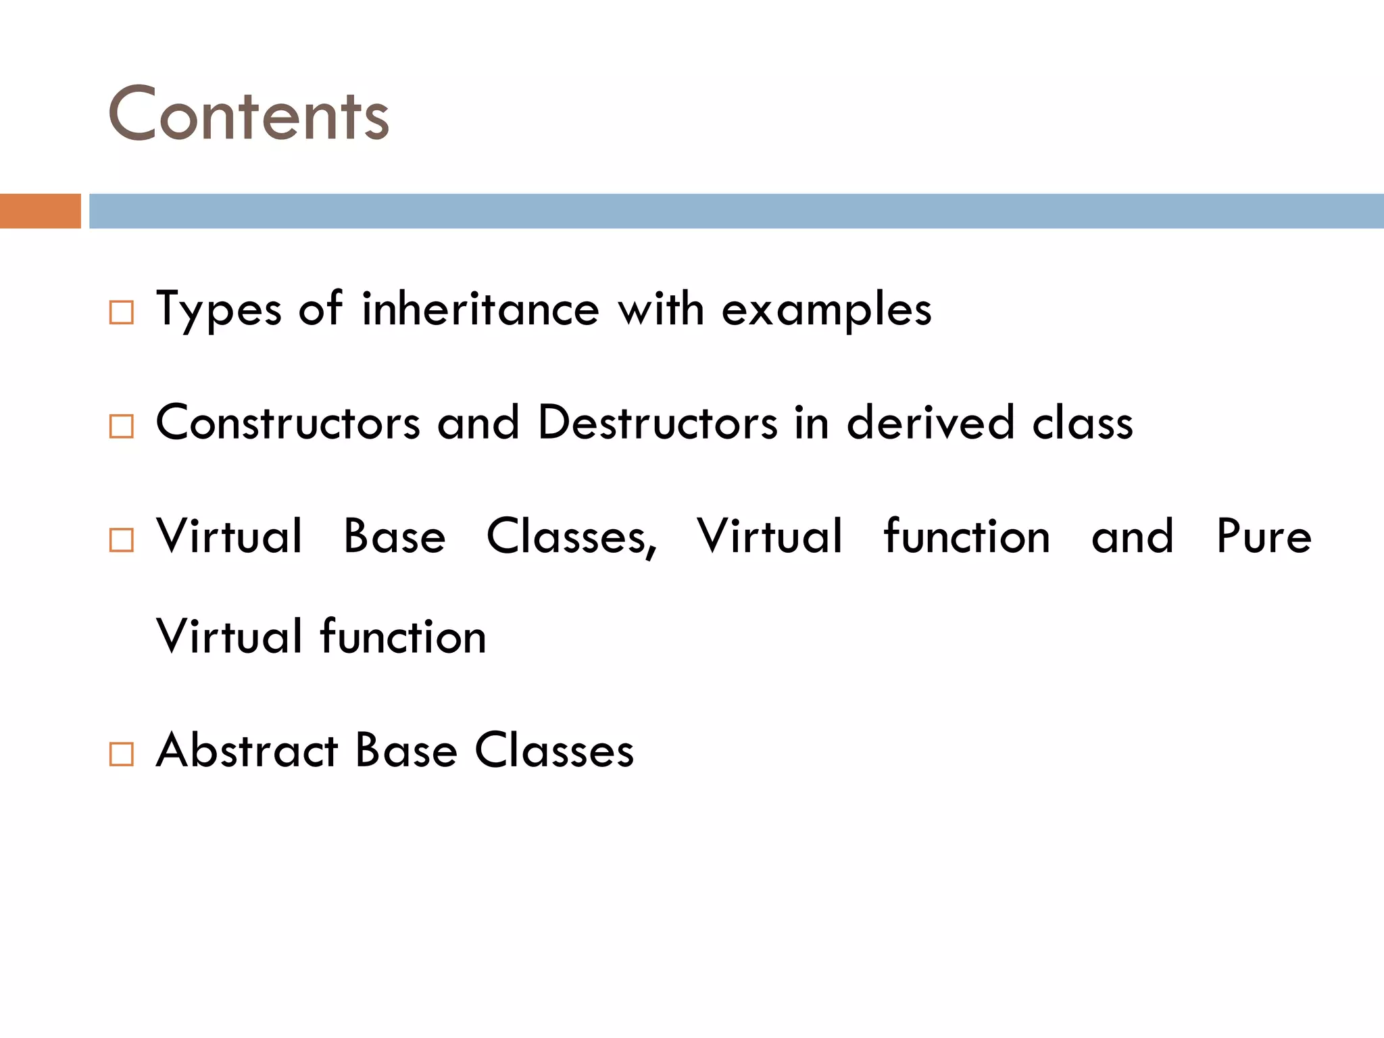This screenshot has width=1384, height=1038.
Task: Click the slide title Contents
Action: pos(249,115)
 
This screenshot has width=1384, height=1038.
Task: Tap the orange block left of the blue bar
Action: pos(40,211)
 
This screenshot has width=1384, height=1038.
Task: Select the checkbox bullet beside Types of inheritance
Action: pos(122,312)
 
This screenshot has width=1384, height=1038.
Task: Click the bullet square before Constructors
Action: pos(122,426)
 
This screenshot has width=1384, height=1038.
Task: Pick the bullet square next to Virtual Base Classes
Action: pos(122,539)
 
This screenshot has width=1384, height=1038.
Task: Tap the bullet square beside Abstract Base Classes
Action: pos(122,753)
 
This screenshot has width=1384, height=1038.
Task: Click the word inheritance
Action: pos(480,310)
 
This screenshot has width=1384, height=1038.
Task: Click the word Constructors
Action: pos(288,423)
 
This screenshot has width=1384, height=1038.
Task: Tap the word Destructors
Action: pos(658,423)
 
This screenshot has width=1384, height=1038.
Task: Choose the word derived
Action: pos(931,423)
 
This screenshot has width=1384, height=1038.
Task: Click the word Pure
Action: pos(1264,537)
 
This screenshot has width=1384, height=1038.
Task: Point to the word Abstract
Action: pos(247,750)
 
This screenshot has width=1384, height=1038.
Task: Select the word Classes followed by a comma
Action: pos(571,537)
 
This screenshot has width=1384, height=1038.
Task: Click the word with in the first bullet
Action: pos(661,310)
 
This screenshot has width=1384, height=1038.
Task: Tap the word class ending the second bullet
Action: pos(1083,423)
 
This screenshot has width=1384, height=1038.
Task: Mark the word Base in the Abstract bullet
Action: pos(406,750)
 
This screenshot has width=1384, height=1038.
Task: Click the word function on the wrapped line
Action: pos(403,637)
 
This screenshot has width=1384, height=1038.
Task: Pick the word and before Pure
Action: pos(1133,537)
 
